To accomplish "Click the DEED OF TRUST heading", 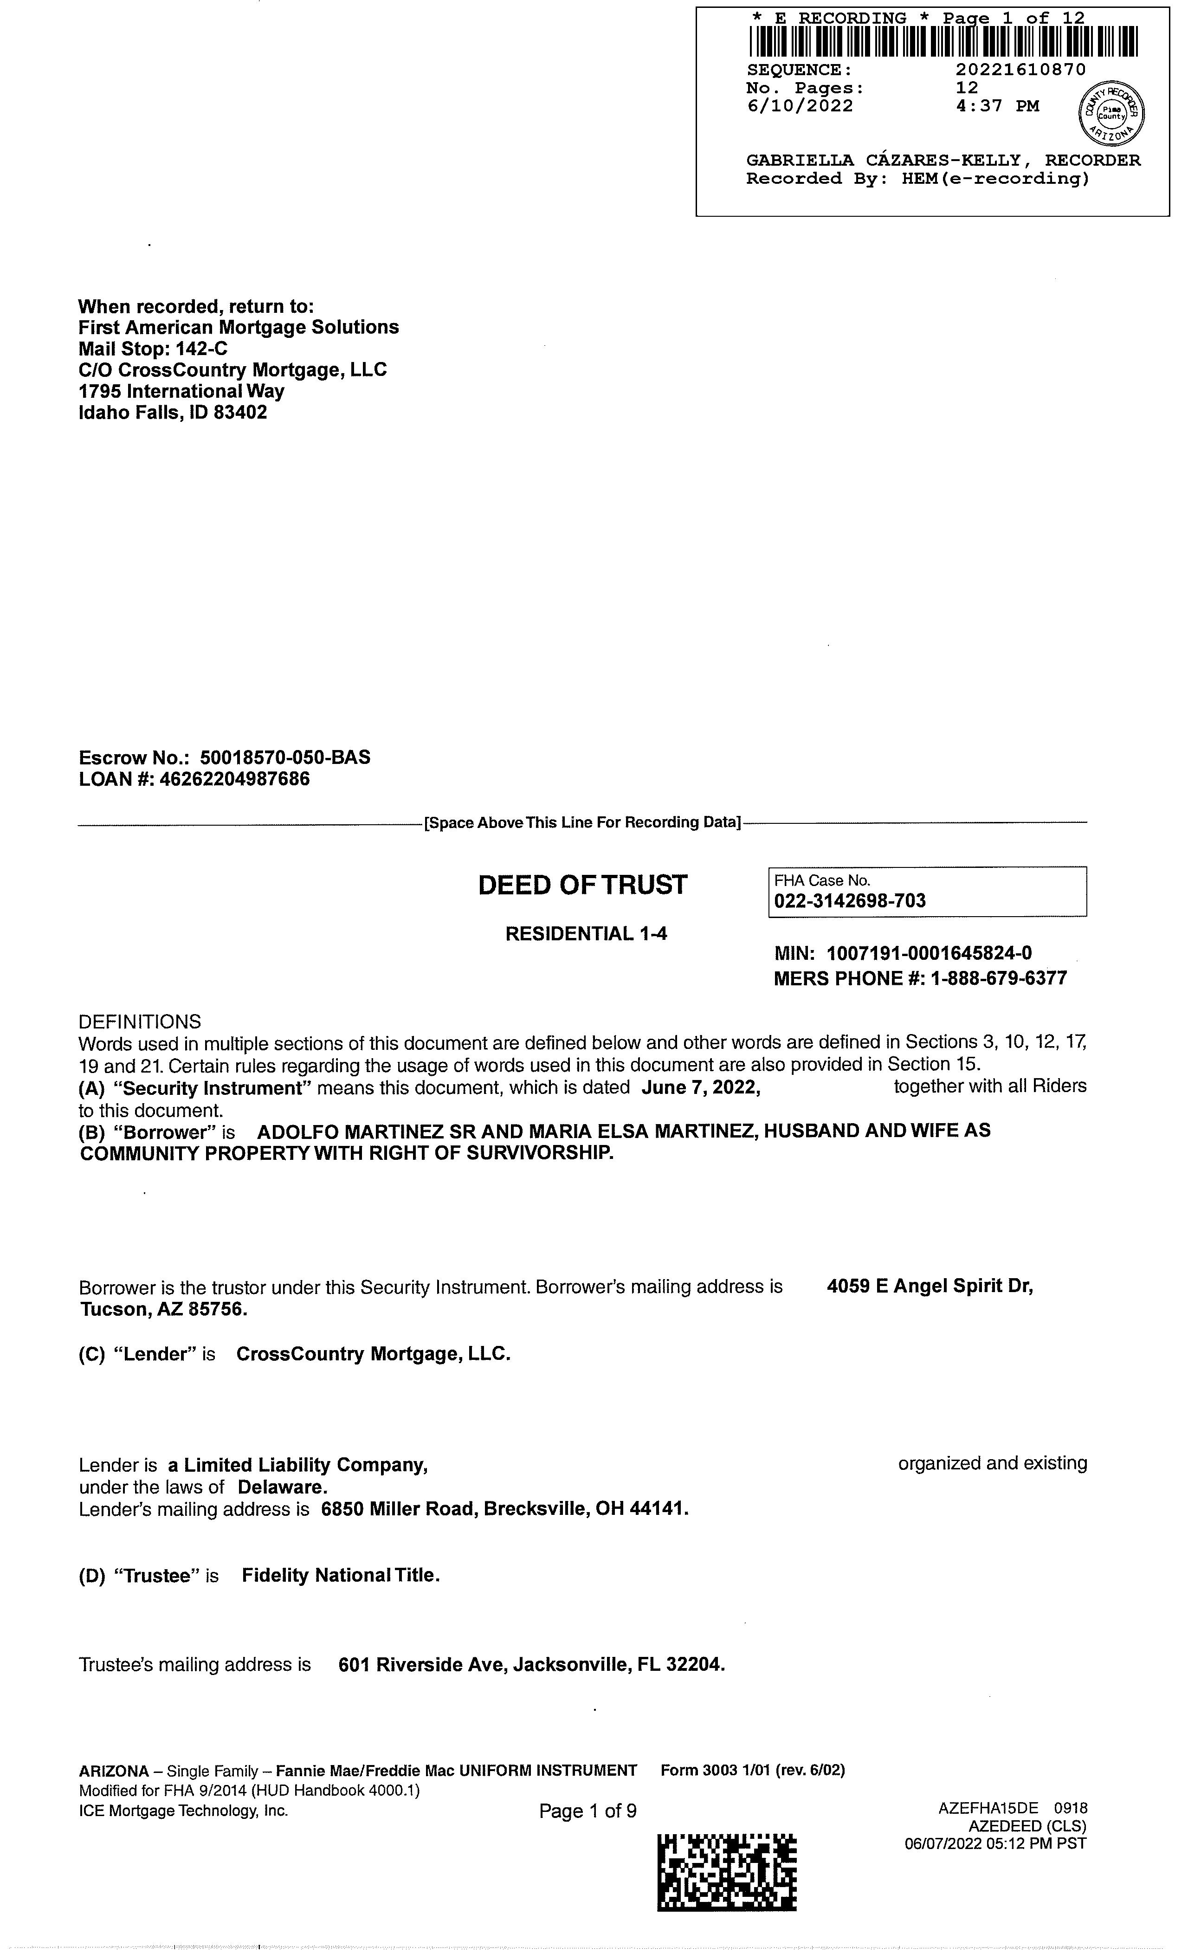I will coord(582,885).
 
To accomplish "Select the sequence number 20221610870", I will coord(1021,70).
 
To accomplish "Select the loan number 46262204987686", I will coord(235,779).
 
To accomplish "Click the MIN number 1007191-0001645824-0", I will coord(929,953).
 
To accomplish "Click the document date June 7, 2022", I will coord(701,1087).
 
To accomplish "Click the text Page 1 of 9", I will coord(587,1811).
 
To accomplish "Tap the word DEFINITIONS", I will coord(140,1021).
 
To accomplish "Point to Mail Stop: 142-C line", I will coord(153,349).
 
